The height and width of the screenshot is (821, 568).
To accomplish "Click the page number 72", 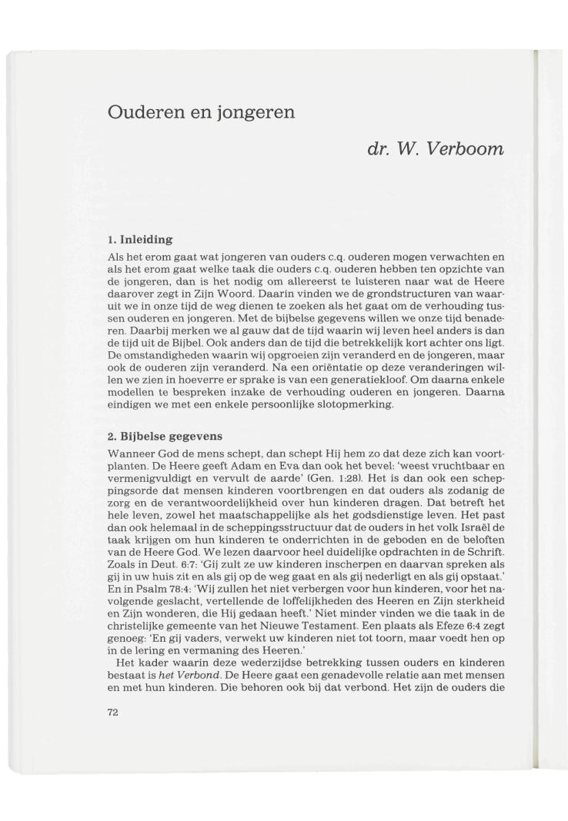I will click(113, 713).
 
